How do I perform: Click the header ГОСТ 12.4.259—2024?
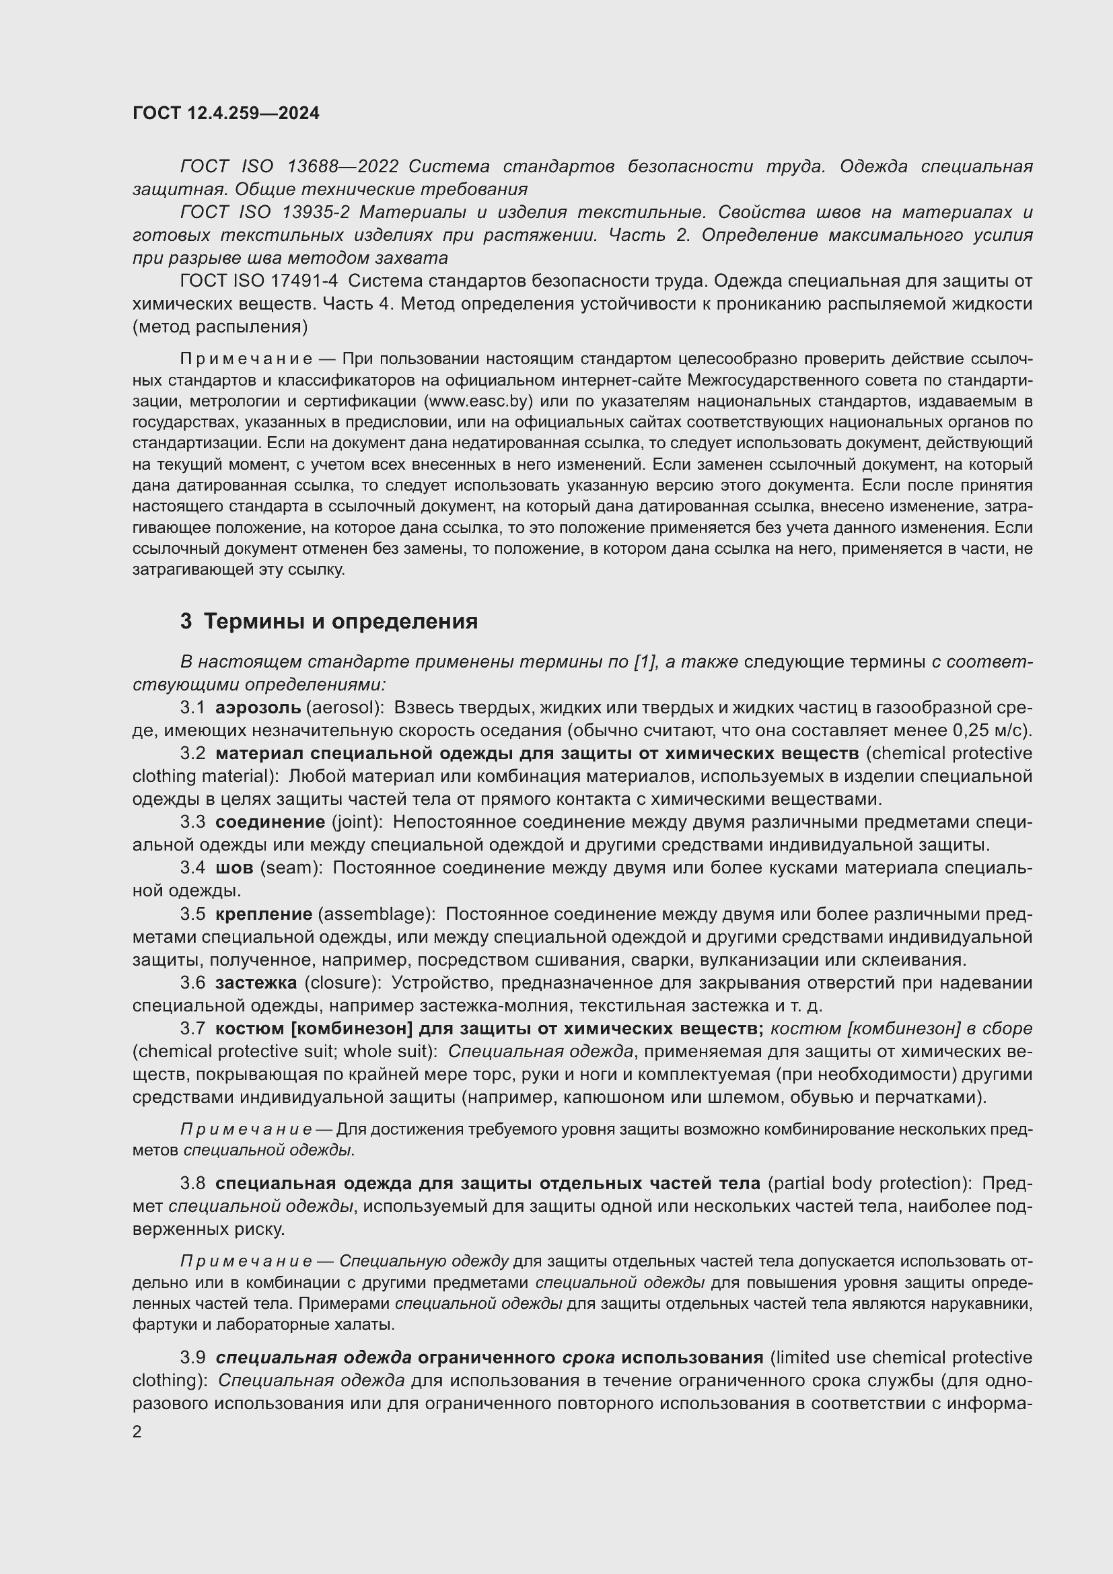click(225, 113)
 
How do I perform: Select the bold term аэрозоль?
click(258, 707)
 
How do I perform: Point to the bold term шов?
click(234, 867)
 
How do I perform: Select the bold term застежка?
click(256, 982)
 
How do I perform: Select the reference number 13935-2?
click(318, 213)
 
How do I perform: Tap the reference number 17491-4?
click(309, 281)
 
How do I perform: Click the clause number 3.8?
click(192, 1183)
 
